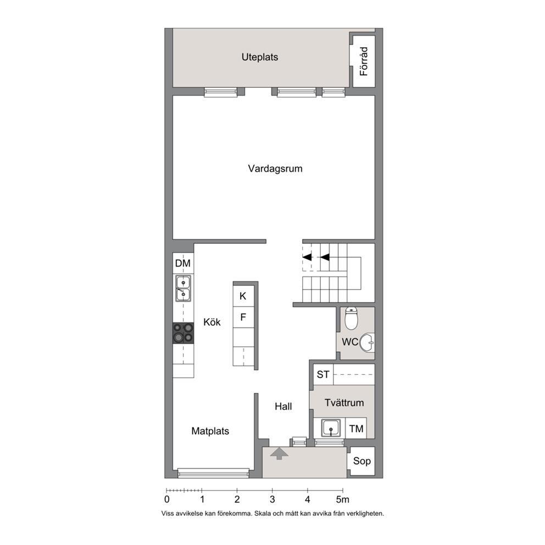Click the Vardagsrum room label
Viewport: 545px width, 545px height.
pos(275,169)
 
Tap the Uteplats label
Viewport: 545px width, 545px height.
pos(260,57)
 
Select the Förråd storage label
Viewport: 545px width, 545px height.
pos(364,61)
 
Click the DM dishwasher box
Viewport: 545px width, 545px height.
pos(183,263)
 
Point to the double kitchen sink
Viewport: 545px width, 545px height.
pos(183,288)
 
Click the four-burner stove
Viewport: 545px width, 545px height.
pos(183,333)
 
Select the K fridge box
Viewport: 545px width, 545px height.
pos(243,296)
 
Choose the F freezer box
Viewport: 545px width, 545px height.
pos(243,317)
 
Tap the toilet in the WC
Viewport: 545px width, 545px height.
pos(352,318)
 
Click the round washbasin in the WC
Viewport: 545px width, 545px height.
pos(367,342)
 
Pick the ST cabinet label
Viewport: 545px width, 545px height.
pos(323,374)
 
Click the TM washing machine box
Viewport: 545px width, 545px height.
pos(356,429)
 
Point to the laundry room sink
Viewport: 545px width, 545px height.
pos(331,427)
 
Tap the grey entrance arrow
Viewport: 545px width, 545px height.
pos(279,454)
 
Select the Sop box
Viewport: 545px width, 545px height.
pos(362,461)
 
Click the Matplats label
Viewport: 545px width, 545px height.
pos(210,431)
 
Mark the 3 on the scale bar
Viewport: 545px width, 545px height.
pos(272,499)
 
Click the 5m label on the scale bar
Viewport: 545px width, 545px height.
pos(342,499)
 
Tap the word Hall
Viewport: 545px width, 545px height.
pos(283,407)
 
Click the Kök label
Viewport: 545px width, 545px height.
pos(212,322)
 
